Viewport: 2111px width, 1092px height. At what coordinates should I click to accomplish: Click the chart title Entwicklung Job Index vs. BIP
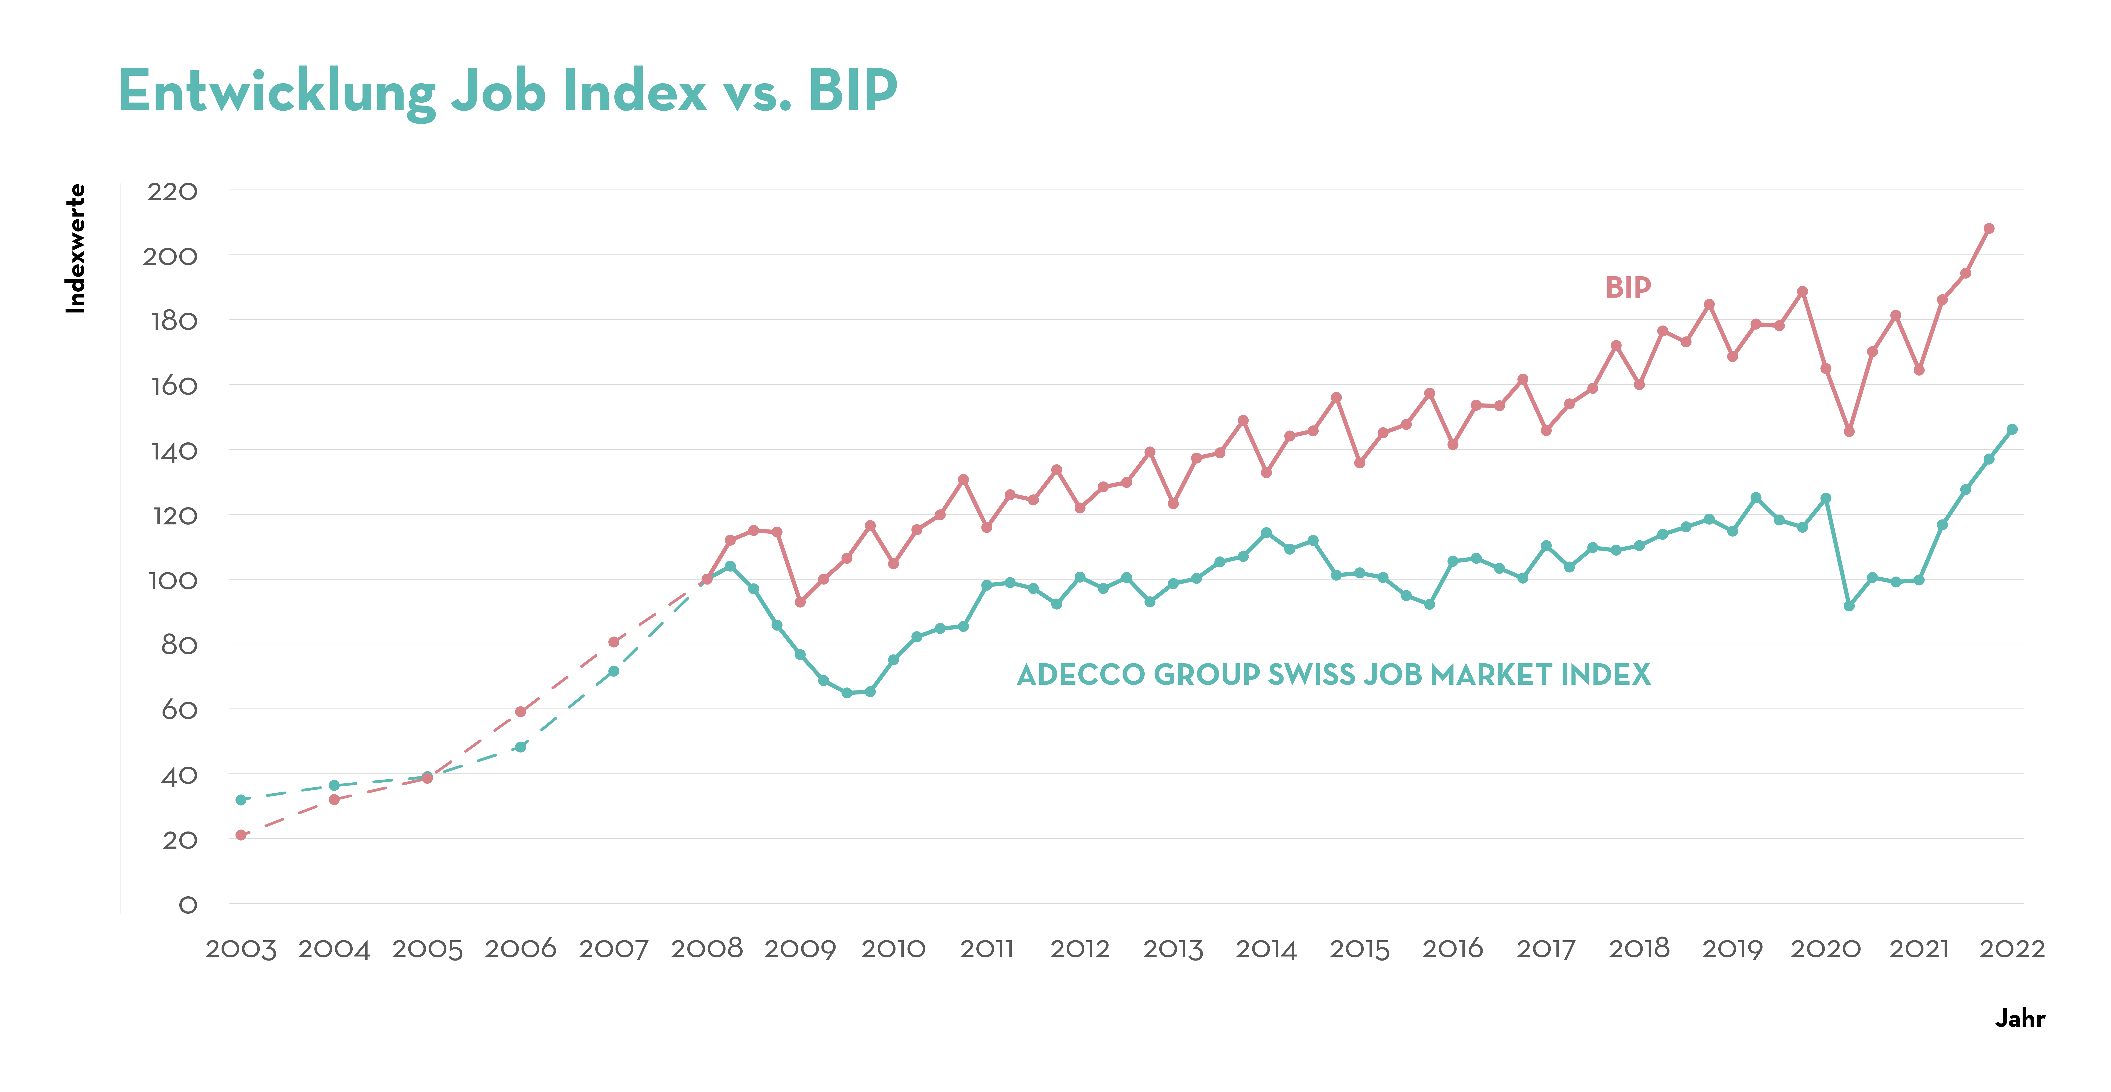tap(508, 92)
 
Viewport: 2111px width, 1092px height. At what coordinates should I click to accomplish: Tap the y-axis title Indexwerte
tap(75, 248)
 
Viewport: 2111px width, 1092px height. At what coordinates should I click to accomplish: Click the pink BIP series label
tap(1627, 288)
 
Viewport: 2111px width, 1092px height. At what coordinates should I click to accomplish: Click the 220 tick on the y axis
tap(172, 192)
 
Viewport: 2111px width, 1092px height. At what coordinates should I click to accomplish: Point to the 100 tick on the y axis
tap(172, 581)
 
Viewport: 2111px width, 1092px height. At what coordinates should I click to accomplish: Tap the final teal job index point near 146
tap(2012, 429)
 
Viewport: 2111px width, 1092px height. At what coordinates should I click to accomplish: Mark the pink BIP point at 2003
tap(241, 835)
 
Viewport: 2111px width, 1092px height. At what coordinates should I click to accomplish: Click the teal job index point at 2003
tap(241, 800)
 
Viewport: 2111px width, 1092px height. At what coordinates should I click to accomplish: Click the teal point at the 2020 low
tap(1849, 605)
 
